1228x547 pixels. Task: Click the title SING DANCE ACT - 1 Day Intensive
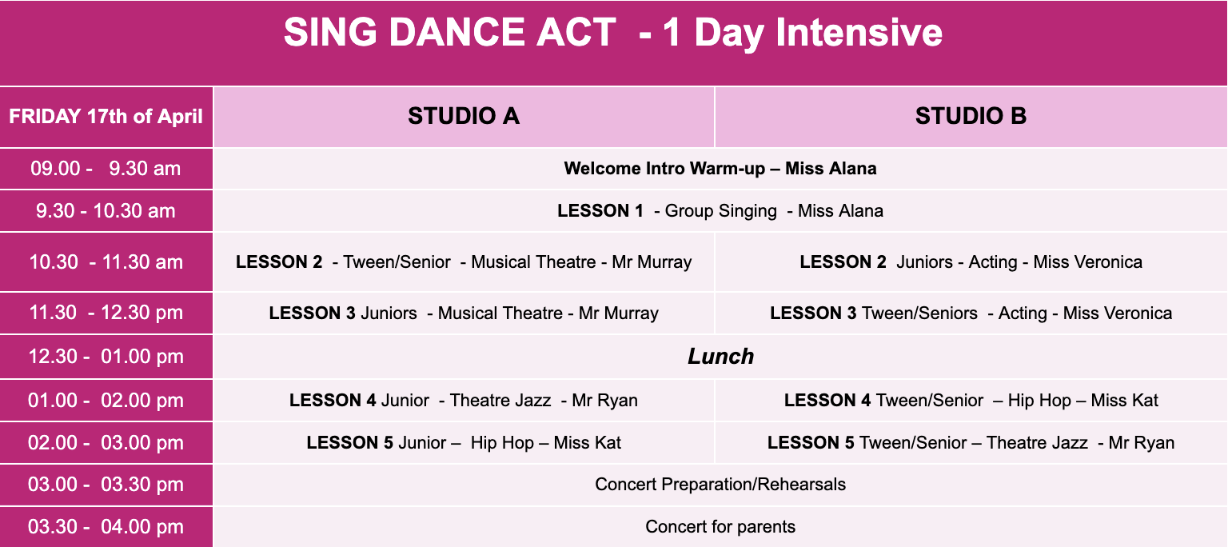tap(613, 32)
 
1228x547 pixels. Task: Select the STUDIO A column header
tap(464, 116)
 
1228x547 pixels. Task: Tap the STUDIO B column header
tap(971, 116)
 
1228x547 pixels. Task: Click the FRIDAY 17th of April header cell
tap(106, 116)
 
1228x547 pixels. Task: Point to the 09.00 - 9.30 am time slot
tap(106, 168)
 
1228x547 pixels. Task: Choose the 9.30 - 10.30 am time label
tap(106, 210)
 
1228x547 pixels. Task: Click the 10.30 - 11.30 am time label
tap(106, 262)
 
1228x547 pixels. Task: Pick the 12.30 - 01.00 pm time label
tap(106, 356)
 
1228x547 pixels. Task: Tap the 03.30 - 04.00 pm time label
tap(106, 527)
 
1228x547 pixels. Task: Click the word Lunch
tap(720, 356)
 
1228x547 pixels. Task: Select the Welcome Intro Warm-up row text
tap(720, 168)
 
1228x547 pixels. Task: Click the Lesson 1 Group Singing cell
tap(720, 210)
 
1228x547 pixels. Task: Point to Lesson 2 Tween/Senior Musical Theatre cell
tap(464, 262)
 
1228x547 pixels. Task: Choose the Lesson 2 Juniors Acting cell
tap(971, 262)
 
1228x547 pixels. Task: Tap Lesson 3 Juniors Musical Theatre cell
tap(464, 313)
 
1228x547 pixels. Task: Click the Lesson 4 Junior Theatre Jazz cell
tap(464, 400)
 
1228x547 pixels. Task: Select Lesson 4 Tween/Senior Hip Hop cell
tap(971, 400)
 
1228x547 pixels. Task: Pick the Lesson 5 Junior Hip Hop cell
tap(464, 442)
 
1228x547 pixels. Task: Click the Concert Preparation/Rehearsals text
tap(720, 485)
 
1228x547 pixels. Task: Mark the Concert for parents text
tap(720, 527)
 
